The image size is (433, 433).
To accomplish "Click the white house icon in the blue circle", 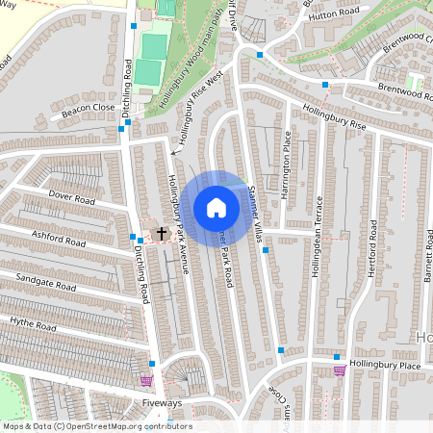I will [x=216, y=208].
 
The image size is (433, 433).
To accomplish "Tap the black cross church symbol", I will [x=162, y=233].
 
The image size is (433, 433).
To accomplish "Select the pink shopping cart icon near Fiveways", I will [x=146, y=380].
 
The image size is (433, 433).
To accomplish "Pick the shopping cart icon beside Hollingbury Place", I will [x=339, y=369].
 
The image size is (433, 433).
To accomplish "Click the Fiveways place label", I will [x=161, y=403].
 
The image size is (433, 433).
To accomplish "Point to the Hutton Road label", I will [x=334, y=13].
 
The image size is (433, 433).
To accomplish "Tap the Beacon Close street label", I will [x=89, y=109].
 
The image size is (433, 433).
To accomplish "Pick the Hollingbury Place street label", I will [x=384, y=366].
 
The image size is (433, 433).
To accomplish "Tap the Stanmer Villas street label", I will [x=255, y=207].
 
